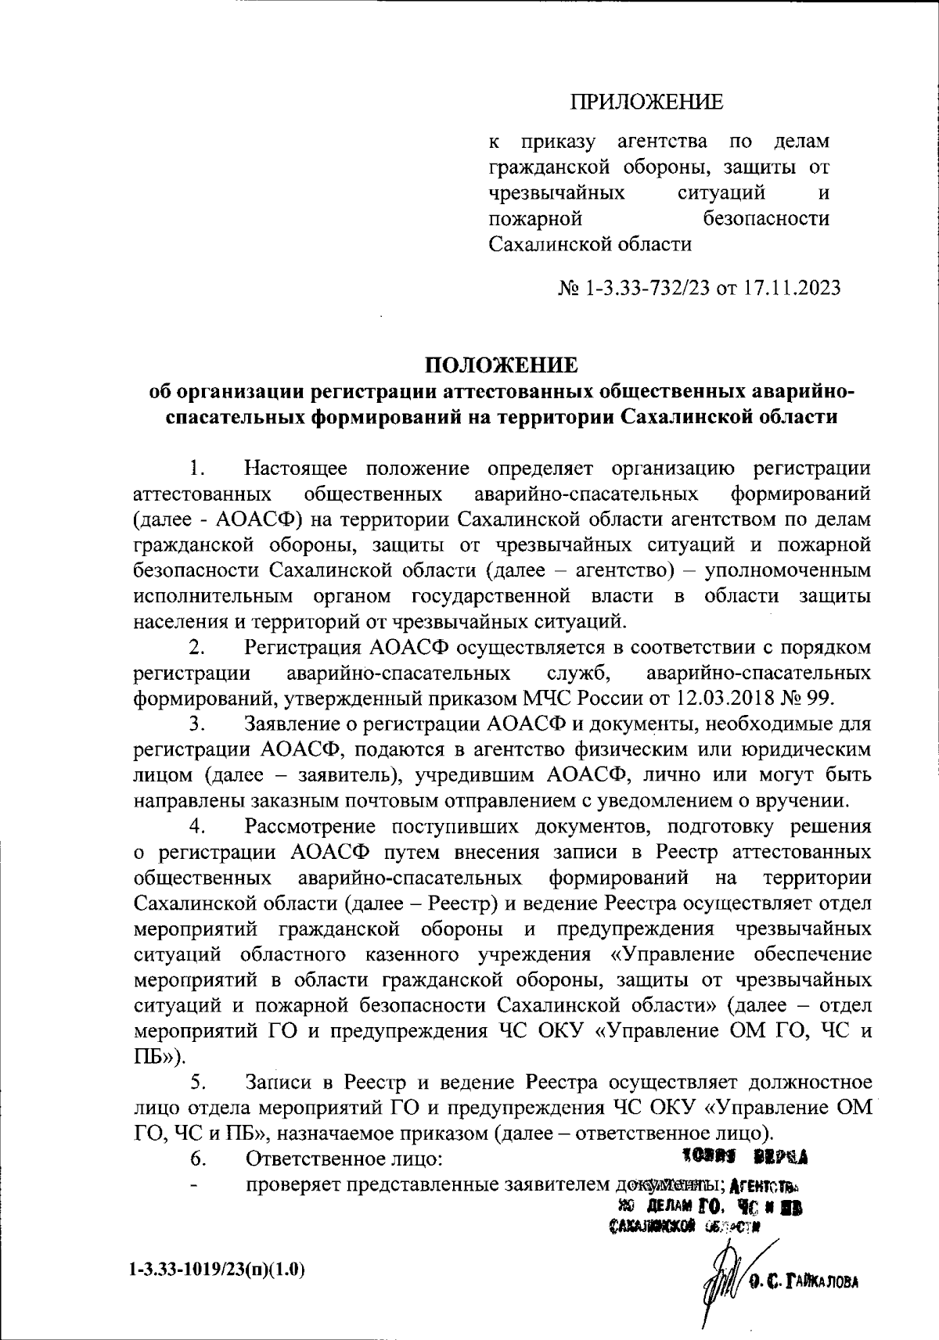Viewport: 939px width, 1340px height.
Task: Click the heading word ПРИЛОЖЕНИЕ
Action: pyautogui.click(x=646, y=101)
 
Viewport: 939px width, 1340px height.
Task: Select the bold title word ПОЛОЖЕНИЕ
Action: pyautogui.click(x=501, y=365)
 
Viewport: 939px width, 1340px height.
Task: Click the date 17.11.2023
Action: pyautogui.click(x=792, y=289)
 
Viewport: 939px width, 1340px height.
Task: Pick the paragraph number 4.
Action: pyautogui.click(x=197, y=826)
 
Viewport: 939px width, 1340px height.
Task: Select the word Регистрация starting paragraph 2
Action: pyautogui.click(x=301, y=647)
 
